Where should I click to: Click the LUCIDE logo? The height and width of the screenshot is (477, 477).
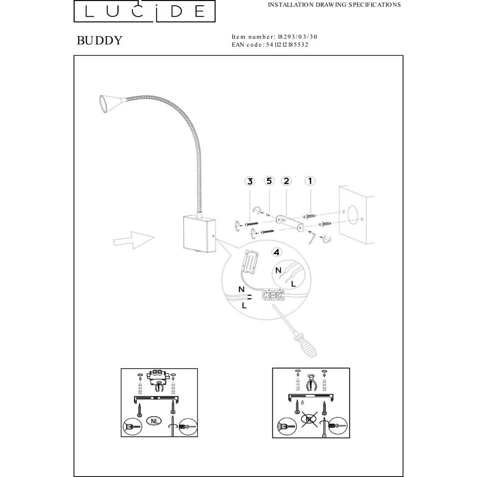(x=145, y=11)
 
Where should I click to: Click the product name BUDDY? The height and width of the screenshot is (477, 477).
(x=100, y=41)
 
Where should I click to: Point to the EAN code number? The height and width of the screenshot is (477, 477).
(x=287, y=45)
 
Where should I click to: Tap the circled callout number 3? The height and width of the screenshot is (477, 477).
(x=250, y=181)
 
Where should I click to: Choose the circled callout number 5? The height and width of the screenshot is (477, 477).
(x=269, y=181)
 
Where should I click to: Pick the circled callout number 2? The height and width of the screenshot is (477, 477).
(x=286, y=181)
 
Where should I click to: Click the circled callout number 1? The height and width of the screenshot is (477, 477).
(x=310, y=181)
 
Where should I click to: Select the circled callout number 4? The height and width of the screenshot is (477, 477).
(x=276, y=252)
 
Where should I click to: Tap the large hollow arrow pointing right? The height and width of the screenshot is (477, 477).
(x=134, y=240)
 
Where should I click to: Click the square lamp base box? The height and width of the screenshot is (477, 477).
(x=200, y=234)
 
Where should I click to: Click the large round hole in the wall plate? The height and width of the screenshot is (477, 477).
(x=353, y=215)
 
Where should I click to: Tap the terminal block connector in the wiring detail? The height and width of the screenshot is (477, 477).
(x=273, y=294)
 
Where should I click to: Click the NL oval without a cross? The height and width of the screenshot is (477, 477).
(x=154, y=421)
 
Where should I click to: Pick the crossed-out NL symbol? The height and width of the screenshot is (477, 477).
(x=310, y=419)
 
